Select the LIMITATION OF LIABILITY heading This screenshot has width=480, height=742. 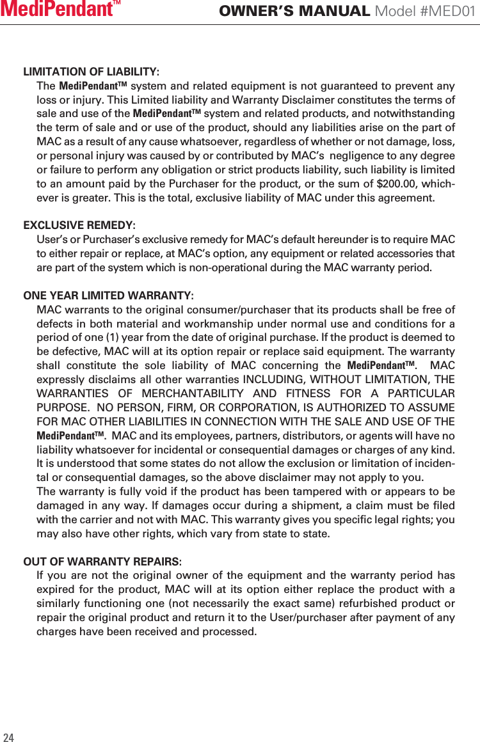tap(92, 72)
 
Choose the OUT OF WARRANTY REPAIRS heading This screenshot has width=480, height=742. tap(102, 562)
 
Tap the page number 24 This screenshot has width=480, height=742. tap(8, 736)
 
